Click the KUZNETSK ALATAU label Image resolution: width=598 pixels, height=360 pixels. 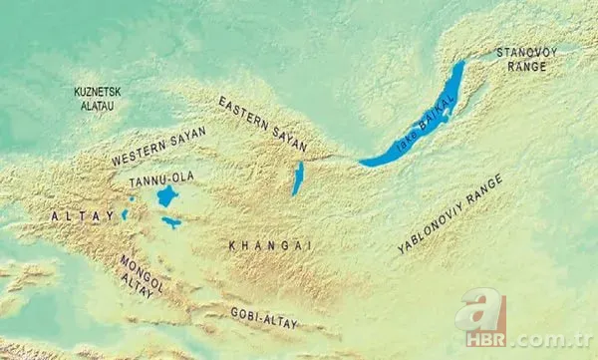click(98, 97)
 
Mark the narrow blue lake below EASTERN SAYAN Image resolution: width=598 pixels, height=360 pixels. click(297, 180)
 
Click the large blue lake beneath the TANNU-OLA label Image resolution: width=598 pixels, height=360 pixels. click(165, 196)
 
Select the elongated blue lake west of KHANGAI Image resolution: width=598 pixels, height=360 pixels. click(171, 222)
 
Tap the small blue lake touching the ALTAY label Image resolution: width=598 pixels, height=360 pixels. click(125, 213)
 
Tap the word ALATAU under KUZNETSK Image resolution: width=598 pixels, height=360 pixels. click(98, 104)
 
